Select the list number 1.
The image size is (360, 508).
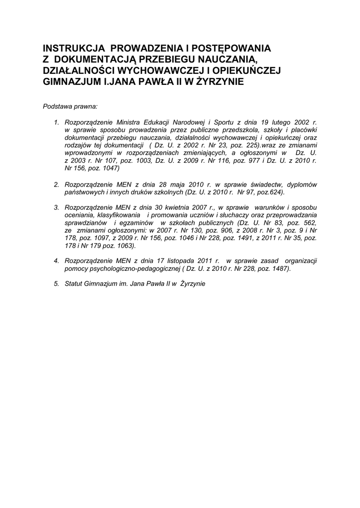57,122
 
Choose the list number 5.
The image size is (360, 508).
57,284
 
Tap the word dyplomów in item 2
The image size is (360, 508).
302,185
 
